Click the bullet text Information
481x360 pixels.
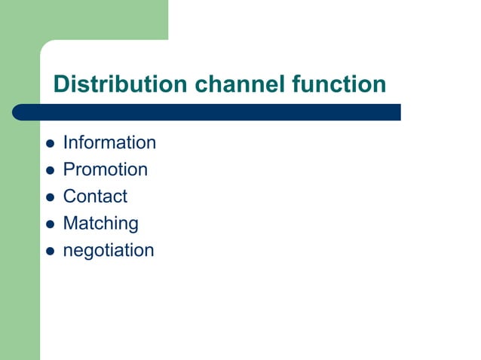click(109, 142)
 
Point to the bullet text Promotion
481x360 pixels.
click(105, 169)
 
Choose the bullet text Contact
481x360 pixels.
click(95, 197)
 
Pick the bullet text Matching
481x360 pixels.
click(100, 224)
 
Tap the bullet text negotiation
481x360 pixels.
click(108, 251)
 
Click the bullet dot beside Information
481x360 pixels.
click(50, 143)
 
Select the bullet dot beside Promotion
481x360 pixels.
click(50, 170)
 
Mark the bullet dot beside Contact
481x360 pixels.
click(50, 197)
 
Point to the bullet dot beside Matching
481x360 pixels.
click(50, 224)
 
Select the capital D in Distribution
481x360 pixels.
click(61, 84)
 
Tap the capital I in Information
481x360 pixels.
click(66, 142)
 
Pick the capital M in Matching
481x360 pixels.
click(69, 224)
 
